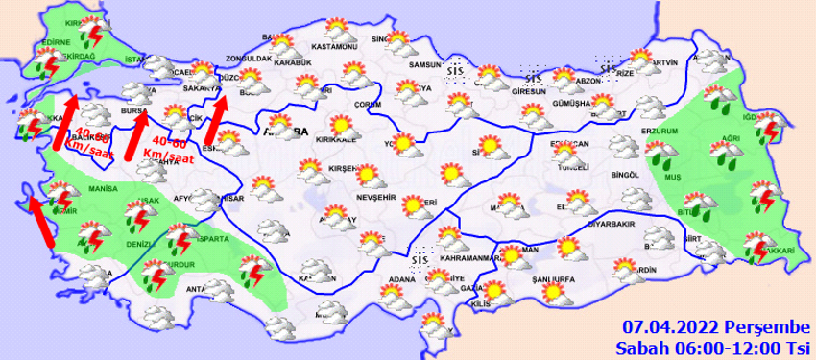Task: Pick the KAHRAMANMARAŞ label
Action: pos(467,258)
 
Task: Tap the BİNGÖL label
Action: pos(623,175)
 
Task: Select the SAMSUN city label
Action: pos(423,64)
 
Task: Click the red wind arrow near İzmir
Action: pos(39,220)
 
